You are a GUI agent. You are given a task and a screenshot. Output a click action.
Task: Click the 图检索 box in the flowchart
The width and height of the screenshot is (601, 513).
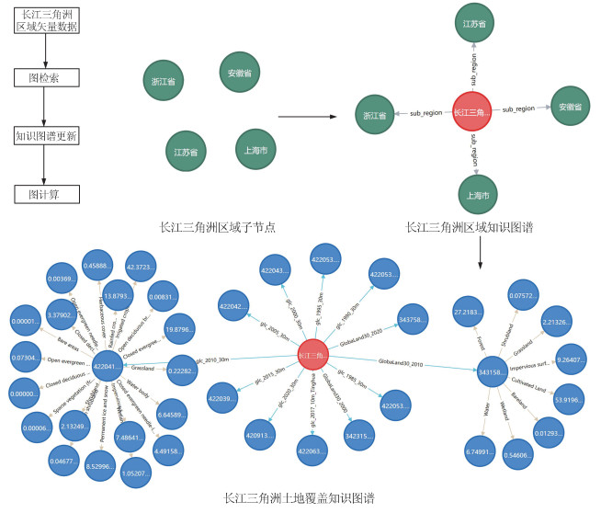(x=44, y=79)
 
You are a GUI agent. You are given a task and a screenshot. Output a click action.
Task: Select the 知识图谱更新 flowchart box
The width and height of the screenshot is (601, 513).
(x=45, y=136)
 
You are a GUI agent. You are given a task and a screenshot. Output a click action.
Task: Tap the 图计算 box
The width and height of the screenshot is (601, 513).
(x=44, y=194)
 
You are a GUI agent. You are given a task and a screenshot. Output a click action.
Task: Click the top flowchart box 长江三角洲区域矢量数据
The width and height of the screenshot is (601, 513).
(x=45, y=20)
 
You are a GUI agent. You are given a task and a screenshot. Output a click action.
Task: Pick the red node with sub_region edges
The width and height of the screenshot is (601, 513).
(x=471, y=114)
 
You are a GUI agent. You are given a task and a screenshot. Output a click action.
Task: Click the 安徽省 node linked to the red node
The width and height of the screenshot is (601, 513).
(x=573, y=107)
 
